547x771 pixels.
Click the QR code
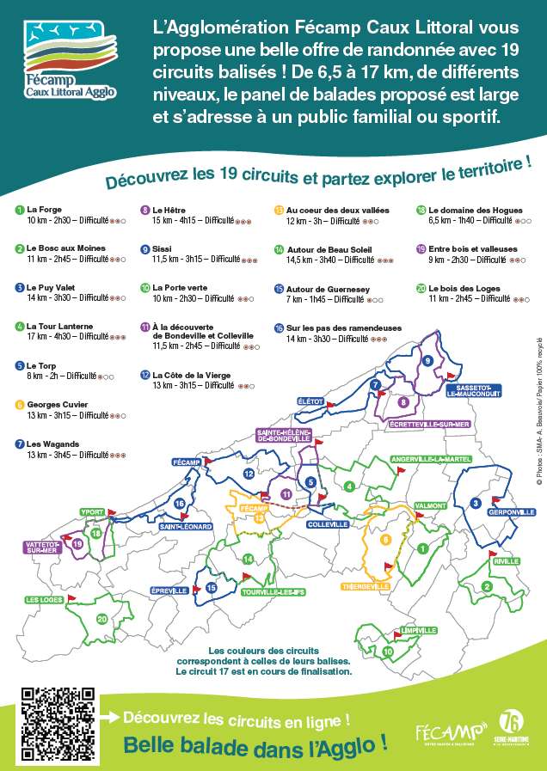[58, 722]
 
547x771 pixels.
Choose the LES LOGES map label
[43, 599]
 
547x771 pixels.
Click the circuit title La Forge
[44, 209]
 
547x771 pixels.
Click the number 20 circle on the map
[102, 619]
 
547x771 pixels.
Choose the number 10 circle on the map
[388, 651]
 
